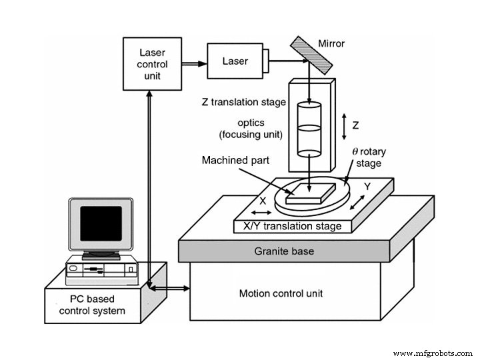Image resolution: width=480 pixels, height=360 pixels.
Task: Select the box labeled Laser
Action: [235, 61]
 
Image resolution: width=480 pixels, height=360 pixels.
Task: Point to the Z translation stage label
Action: [243, 102]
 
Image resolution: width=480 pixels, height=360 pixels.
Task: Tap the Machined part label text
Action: [231, 161]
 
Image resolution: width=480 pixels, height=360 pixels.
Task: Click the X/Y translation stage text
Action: [292, 227]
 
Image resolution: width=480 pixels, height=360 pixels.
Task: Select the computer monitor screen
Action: [101, 223]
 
